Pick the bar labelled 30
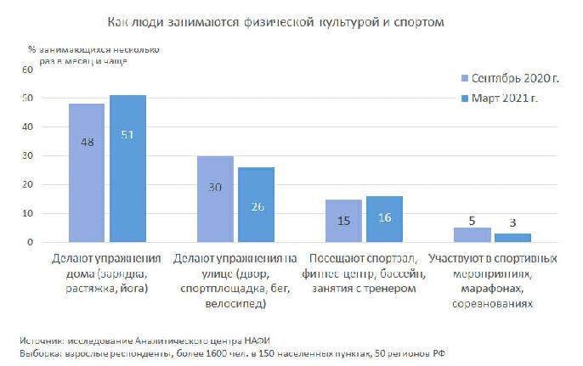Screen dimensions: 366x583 click(x=215, y=199)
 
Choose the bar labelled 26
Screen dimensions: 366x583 click(x=256, y=205)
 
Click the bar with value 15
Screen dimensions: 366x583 click(x=342, y=221)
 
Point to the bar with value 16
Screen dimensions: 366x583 click(x=384, y=219)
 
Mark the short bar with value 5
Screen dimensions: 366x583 click(x=471, y=235)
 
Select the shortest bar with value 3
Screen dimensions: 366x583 click(x=512, y=238)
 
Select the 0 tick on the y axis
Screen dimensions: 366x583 click(x=31, y=242)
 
